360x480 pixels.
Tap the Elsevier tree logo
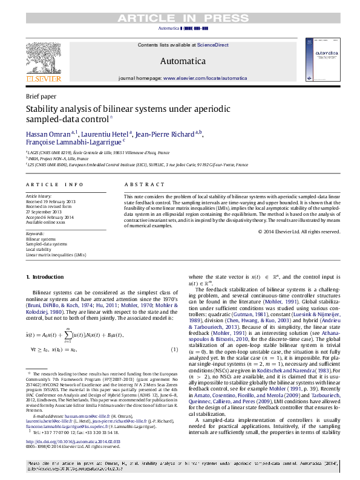tap(43, 59)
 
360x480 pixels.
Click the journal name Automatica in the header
tap(183, 61)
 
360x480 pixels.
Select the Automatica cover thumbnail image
tap(317, 61)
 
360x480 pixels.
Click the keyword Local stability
tap(39, 249)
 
